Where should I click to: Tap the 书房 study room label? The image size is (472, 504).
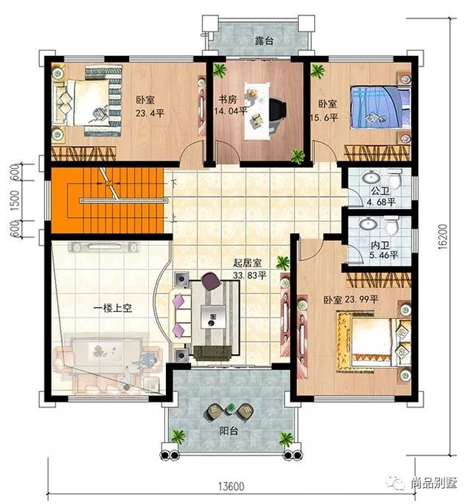226,99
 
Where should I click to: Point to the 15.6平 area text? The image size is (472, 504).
327,117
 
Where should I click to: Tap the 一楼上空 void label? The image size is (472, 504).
111,309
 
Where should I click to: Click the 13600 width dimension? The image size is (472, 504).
233,487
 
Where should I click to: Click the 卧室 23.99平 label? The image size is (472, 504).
351,300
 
